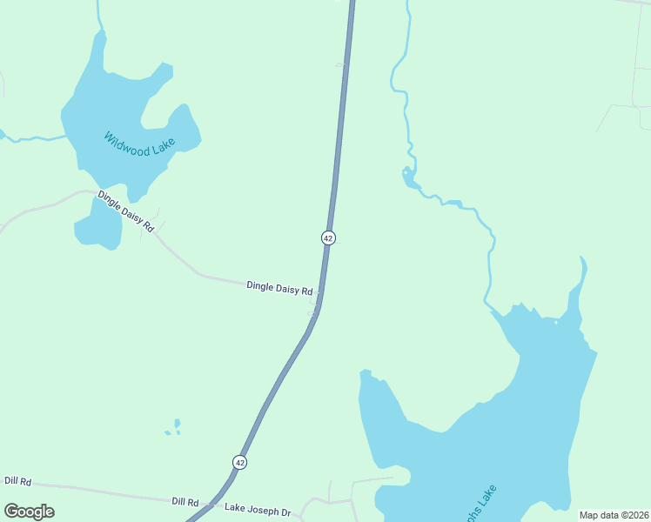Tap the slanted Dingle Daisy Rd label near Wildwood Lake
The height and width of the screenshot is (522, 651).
pyautogui.click(x=125, y=211)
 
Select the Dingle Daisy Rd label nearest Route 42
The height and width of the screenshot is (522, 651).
pyautogui.click(x=279, y=287)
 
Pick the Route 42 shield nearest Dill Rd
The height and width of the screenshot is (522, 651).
pyautogui.click(x=240, y=462)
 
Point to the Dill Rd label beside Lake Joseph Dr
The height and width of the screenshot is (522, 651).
pyautogui.click(x=185, y=502)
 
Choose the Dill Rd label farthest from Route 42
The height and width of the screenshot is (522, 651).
pyautogui.click(x=17, y=481)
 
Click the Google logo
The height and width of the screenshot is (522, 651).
pyautogui.click(x=29, y=512)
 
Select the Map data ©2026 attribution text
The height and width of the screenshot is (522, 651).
pyautogui.click(x=613, y=514)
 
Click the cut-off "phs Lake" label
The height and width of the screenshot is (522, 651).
pyautogui.click(x=480, y=503)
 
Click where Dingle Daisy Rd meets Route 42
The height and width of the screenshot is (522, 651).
pyautogui.click(x=319, y=294)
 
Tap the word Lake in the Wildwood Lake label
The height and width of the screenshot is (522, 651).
pyautogui.click(x=162, y=144)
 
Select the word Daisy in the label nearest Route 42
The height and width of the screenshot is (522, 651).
pyautogui.click(x=288, y=288)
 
